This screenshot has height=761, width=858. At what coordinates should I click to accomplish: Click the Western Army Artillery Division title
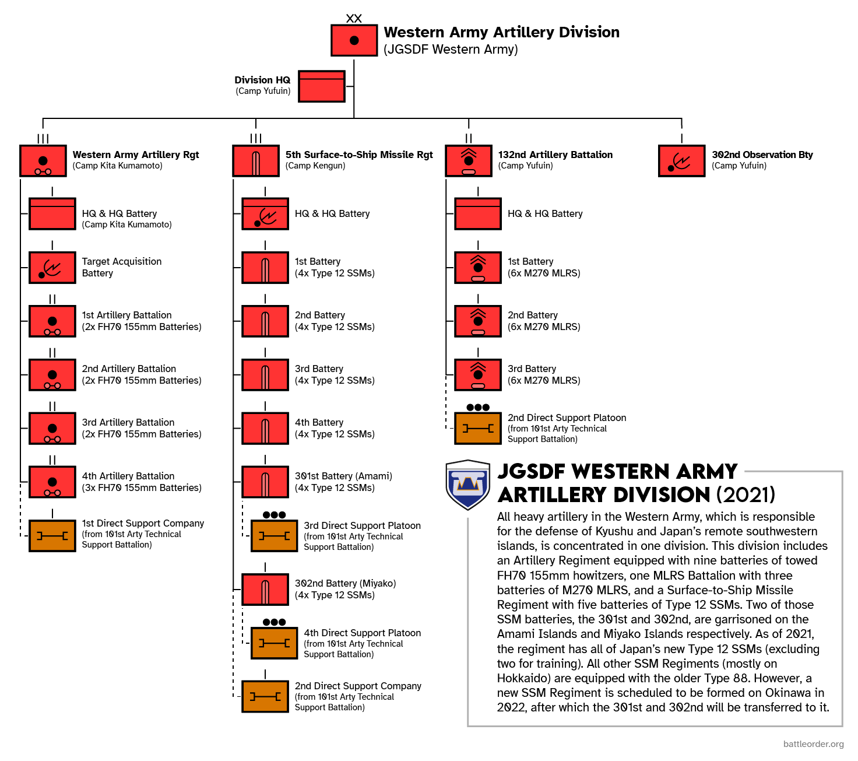[501, 32]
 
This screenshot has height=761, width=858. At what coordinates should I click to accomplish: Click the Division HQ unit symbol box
[322, 86]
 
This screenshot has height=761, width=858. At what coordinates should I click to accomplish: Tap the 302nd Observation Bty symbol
[681, 161]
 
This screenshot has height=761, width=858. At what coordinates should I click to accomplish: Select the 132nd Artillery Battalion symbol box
[469, 161]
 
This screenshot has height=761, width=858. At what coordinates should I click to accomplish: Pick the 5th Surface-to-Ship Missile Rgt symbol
[256, 161]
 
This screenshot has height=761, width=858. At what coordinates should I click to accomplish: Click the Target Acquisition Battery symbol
[52, 268]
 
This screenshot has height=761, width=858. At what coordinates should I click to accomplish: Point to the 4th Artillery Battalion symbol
[52, 482]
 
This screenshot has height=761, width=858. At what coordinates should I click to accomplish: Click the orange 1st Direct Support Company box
[52, 536]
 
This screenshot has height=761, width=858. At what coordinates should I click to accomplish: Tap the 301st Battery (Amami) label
[343, 476]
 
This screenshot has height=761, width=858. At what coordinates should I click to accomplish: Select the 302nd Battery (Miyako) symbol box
[265, 590]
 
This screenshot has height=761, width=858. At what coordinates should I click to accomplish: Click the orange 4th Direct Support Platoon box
[275, 643]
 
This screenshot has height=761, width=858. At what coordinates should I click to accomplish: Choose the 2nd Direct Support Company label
[358, 686]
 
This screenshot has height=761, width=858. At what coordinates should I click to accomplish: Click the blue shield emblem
[467, 485]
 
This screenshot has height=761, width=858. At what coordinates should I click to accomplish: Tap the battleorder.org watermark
[813, 744]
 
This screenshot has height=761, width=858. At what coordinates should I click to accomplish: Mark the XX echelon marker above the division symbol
[354, 19]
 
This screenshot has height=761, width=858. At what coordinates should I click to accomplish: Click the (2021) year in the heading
[746, 495]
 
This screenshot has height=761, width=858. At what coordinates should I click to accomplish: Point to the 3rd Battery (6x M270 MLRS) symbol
[478, 375]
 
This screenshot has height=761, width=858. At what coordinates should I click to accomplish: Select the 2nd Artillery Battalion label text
[129, 369]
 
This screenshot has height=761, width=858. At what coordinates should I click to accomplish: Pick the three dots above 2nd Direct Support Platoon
[478, 408]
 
